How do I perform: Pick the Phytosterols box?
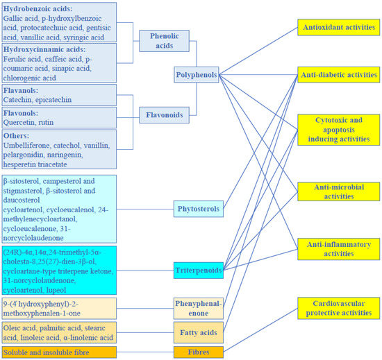(198, 208)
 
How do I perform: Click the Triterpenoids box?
(198, 270)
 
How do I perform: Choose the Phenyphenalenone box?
(198, 308)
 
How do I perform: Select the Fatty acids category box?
(198, 333)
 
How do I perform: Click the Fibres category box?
(198, 352)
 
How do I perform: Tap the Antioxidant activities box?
(338, 27)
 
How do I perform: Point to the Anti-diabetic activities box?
(338, 74)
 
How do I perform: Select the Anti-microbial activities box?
(338, 191)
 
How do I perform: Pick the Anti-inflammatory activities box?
(338, 249)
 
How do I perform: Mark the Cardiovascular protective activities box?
(338, 307)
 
